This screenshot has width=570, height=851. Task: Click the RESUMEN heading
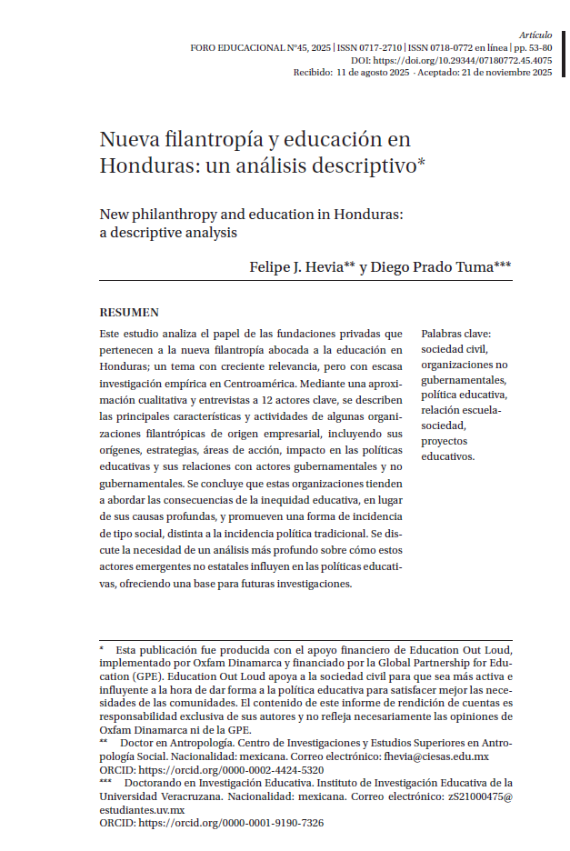click(129, 312)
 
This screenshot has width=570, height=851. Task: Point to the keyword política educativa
click(464, 395)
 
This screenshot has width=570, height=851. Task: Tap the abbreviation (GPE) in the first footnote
click(150, 677)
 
